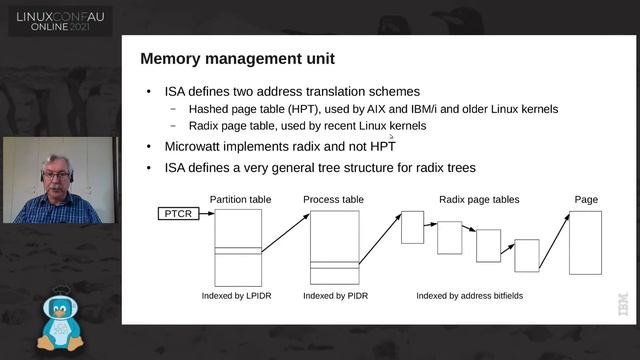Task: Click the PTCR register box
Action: (178, 213)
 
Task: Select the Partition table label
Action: (240, 200)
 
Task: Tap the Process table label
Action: (333, 200)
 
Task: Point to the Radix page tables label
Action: (479, 200)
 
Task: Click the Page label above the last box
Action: (586, 200)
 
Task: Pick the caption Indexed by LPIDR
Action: (236, 296)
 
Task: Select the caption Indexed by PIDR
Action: (336, 296)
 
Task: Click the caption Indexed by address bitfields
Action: (469, 296)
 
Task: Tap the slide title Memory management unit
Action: (238, 59)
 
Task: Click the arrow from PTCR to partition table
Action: (207, 213)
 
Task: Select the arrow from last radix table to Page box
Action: (554, 242)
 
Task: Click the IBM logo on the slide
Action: (623, 304)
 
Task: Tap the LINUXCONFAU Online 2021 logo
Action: (60, 22)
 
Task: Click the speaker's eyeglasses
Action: (56, 176)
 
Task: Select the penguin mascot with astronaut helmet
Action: (60, 320)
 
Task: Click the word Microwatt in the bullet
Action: (192, 147)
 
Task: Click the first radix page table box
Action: (413, 227)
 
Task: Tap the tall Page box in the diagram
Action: (585, 243)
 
